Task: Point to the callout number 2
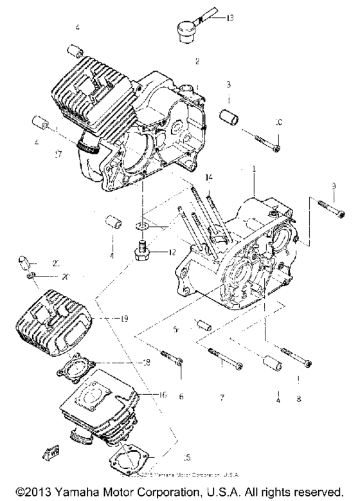(x=197, y=62)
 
